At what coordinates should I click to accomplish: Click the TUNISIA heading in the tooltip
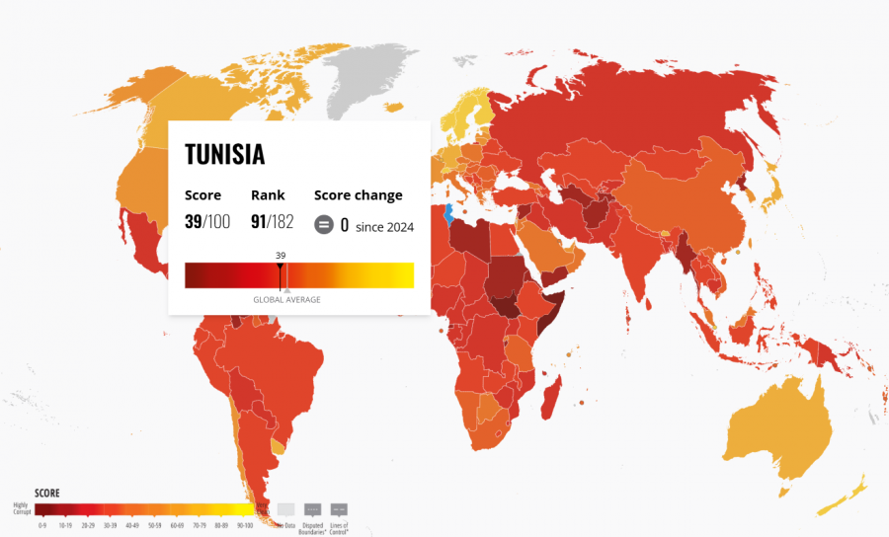(x=224, y=154)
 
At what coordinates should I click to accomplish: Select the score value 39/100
(x=206, y=221)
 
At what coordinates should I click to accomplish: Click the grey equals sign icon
(x=323, y=225)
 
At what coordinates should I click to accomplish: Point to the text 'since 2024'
(x=384, y=226)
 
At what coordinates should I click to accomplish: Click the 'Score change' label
(x=358, y=195)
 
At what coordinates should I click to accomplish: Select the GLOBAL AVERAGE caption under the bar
(x=286, y=299)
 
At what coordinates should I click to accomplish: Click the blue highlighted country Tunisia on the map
(x=448, y=212)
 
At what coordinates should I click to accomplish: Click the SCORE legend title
(x=47, y=493)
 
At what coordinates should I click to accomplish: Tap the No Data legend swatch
(x=286, y=510)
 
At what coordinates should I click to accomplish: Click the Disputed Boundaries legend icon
(x=313, y=510)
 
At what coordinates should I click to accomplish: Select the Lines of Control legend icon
(x=339, y=510)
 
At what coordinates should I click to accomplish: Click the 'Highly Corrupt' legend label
(x=21, y=507)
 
